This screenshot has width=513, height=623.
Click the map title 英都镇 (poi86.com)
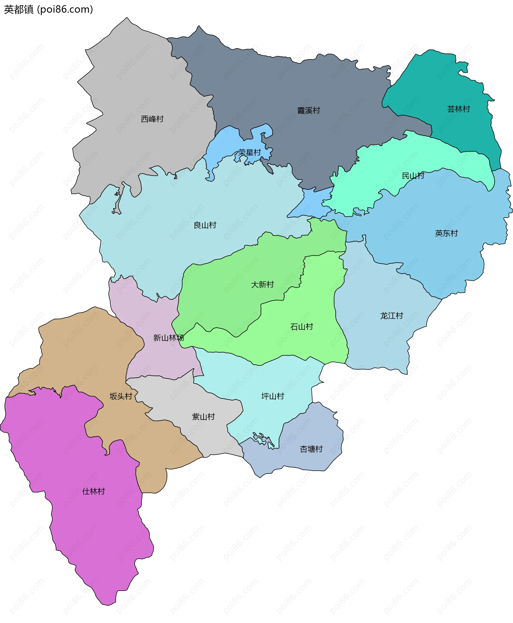click(48, 9)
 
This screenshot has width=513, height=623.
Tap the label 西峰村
click(152, 119)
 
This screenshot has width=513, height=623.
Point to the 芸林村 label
click(458, 109)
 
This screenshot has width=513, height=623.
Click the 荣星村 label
click(250, 152)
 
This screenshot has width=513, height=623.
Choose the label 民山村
click(413, 176)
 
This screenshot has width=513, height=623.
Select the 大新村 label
click(262, 284)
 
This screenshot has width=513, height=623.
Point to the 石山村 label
click(301, 326)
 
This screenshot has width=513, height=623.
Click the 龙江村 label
click(391, 316)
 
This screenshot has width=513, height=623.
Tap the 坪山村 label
click(273, 396)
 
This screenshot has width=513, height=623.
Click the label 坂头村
click(121, 396)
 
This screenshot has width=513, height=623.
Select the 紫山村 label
click(203, 417)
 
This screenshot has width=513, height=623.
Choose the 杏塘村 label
click(311, 449)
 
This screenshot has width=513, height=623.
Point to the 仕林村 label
click(93, 491)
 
